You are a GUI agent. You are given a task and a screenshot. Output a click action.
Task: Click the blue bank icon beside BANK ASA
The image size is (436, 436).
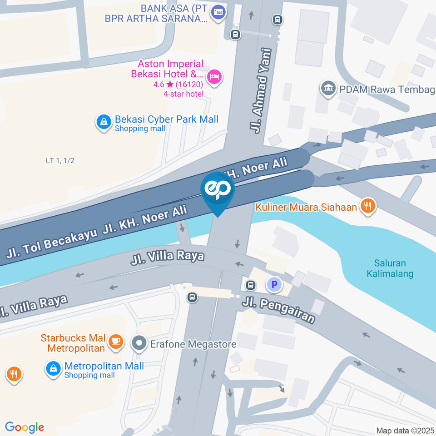[219, 10]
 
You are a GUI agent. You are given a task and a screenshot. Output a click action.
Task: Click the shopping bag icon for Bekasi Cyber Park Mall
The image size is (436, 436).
[104, 122]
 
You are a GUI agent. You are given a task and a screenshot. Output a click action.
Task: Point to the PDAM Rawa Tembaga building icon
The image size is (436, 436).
[328, 89]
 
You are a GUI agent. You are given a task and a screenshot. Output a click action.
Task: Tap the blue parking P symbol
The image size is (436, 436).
[274, 285]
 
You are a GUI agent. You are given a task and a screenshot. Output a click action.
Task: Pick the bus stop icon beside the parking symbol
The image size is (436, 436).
[250, 285]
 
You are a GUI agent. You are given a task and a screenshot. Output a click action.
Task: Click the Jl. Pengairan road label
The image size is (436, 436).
[278, 310]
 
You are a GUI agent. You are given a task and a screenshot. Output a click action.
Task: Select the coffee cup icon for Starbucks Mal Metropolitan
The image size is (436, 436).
[117, 343]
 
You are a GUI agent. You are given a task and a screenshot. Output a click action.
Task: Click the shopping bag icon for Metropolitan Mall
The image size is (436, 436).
[54, 369]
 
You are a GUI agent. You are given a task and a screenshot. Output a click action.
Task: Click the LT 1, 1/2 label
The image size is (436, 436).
[60, 160]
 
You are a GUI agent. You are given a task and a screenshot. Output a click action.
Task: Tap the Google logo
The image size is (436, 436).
[25, 427]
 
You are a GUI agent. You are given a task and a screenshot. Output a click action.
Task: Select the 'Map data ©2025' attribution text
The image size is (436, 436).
[406, 430]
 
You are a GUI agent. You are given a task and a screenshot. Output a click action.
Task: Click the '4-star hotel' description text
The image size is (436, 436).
[183, 94]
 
